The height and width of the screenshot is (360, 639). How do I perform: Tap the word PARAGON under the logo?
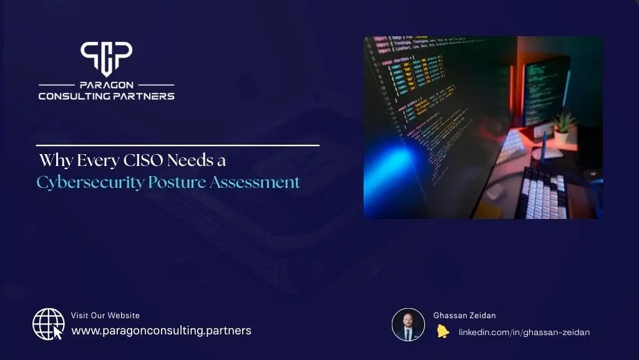pos(106,84)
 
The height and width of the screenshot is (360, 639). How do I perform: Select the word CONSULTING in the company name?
pos(76,96)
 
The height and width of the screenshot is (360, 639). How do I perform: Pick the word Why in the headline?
pos(53,160)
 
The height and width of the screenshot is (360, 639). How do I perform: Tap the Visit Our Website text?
pos(105,316)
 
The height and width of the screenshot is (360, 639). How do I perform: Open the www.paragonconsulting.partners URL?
pos(161,331)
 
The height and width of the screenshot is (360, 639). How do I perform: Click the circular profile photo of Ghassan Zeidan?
pos(408,324)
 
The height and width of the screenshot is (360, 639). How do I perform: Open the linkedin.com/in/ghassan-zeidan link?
pos(524,332)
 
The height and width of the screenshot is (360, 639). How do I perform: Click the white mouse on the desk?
pos(545,152)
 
